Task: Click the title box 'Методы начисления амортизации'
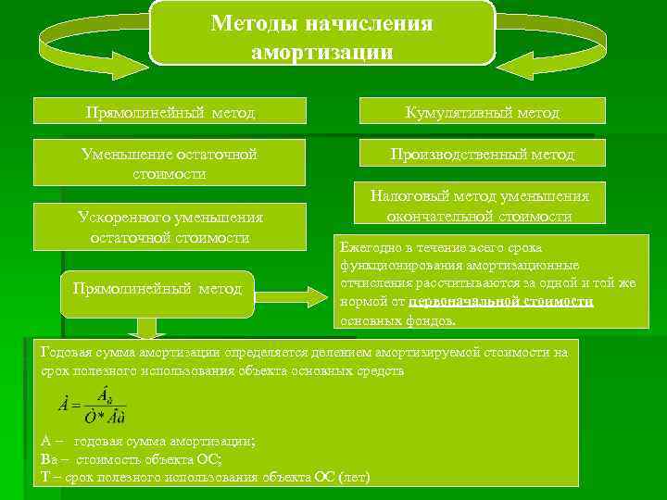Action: pyautogui.click(x=321, y=32)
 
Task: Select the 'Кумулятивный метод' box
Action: pyautogui.click(x=483, y=111)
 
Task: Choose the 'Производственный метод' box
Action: pyautogui.click(x=483, y=154)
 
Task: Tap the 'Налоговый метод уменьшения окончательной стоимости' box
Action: pyautogui.click(x=479, y=206)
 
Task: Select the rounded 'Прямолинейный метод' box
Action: pyautogui.click(x=156, y=289)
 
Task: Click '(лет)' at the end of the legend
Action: pyautogui.click(x=354, y=477)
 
